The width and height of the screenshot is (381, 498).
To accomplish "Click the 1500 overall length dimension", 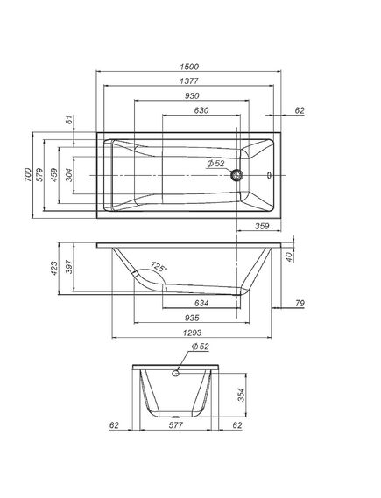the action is [x=189, y=67].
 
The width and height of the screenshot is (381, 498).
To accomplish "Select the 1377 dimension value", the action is [x=189, y=81].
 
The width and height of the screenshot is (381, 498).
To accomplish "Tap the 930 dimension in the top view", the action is [x=192, y=96].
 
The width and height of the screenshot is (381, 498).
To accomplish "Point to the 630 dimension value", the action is [x=201, y=110].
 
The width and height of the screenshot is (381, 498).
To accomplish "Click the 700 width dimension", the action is [x=28, y=175].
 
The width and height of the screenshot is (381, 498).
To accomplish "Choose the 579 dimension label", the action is [x=39, y=175].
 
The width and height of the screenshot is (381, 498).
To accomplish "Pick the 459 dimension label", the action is [x=54, y=175].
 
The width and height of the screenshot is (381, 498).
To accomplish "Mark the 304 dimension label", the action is [x=68, y=175].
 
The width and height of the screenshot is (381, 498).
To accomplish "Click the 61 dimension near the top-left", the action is [x=69, y=120].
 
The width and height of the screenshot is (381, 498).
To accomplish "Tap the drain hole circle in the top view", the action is [x=236, y=175].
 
